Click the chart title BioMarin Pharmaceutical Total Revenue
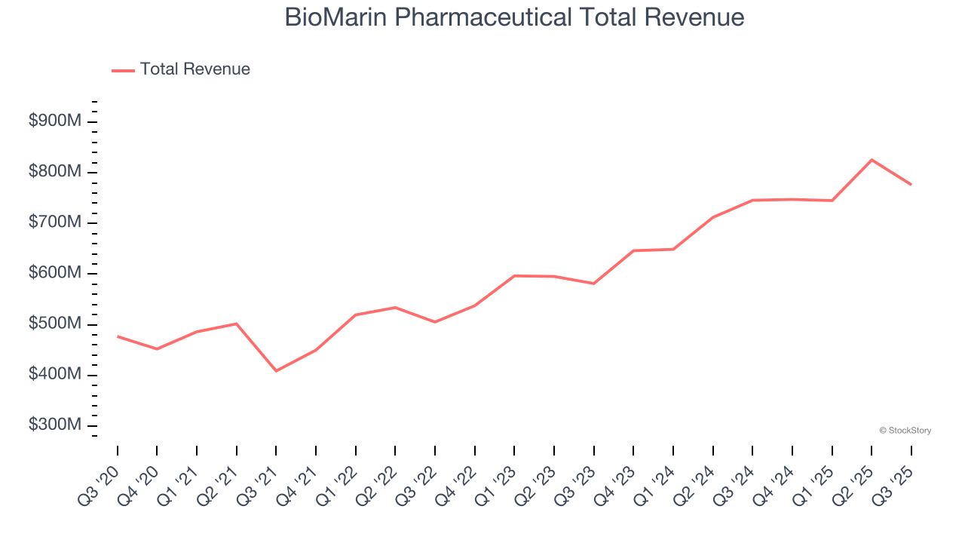[514, 17]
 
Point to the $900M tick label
[55, 121]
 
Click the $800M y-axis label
[55, 172]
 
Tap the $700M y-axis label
[55, 222]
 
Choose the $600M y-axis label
[55, 273]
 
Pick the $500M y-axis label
[55, 324]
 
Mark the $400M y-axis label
[55, 375]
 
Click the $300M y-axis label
[55, 425]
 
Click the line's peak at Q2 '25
[872, 160]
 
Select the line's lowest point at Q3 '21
[276, 370]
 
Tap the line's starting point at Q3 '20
[118, 336]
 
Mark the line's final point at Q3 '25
[911, 184]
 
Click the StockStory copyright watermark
[905, 431]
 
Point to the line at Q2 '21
[237, 324]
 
